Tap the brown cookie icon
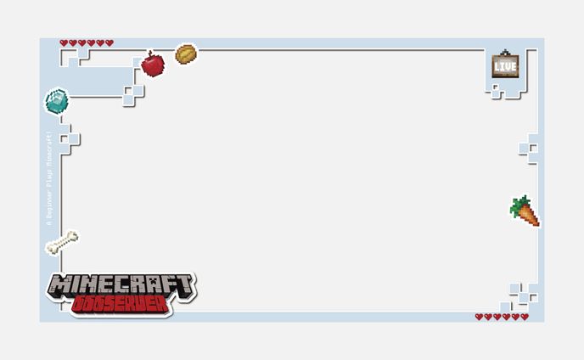(x=186, y=54)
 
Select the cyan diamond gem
(x=56, y=101)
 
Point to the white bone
(x=62, y=243)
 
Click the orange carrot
(x=527, y=214)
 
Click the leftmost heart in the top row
(x=64, y=42)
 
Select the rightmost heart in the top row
(x=109, y=42)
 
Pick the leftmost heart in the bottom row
(x=479, y=317)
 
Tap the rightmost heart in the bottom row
(x=525, y=317)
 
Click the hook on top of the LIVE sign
(x=505, y=53)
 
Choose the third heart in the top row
(x=82, y=42)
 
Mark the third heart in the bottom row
(x=497, y=317)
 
